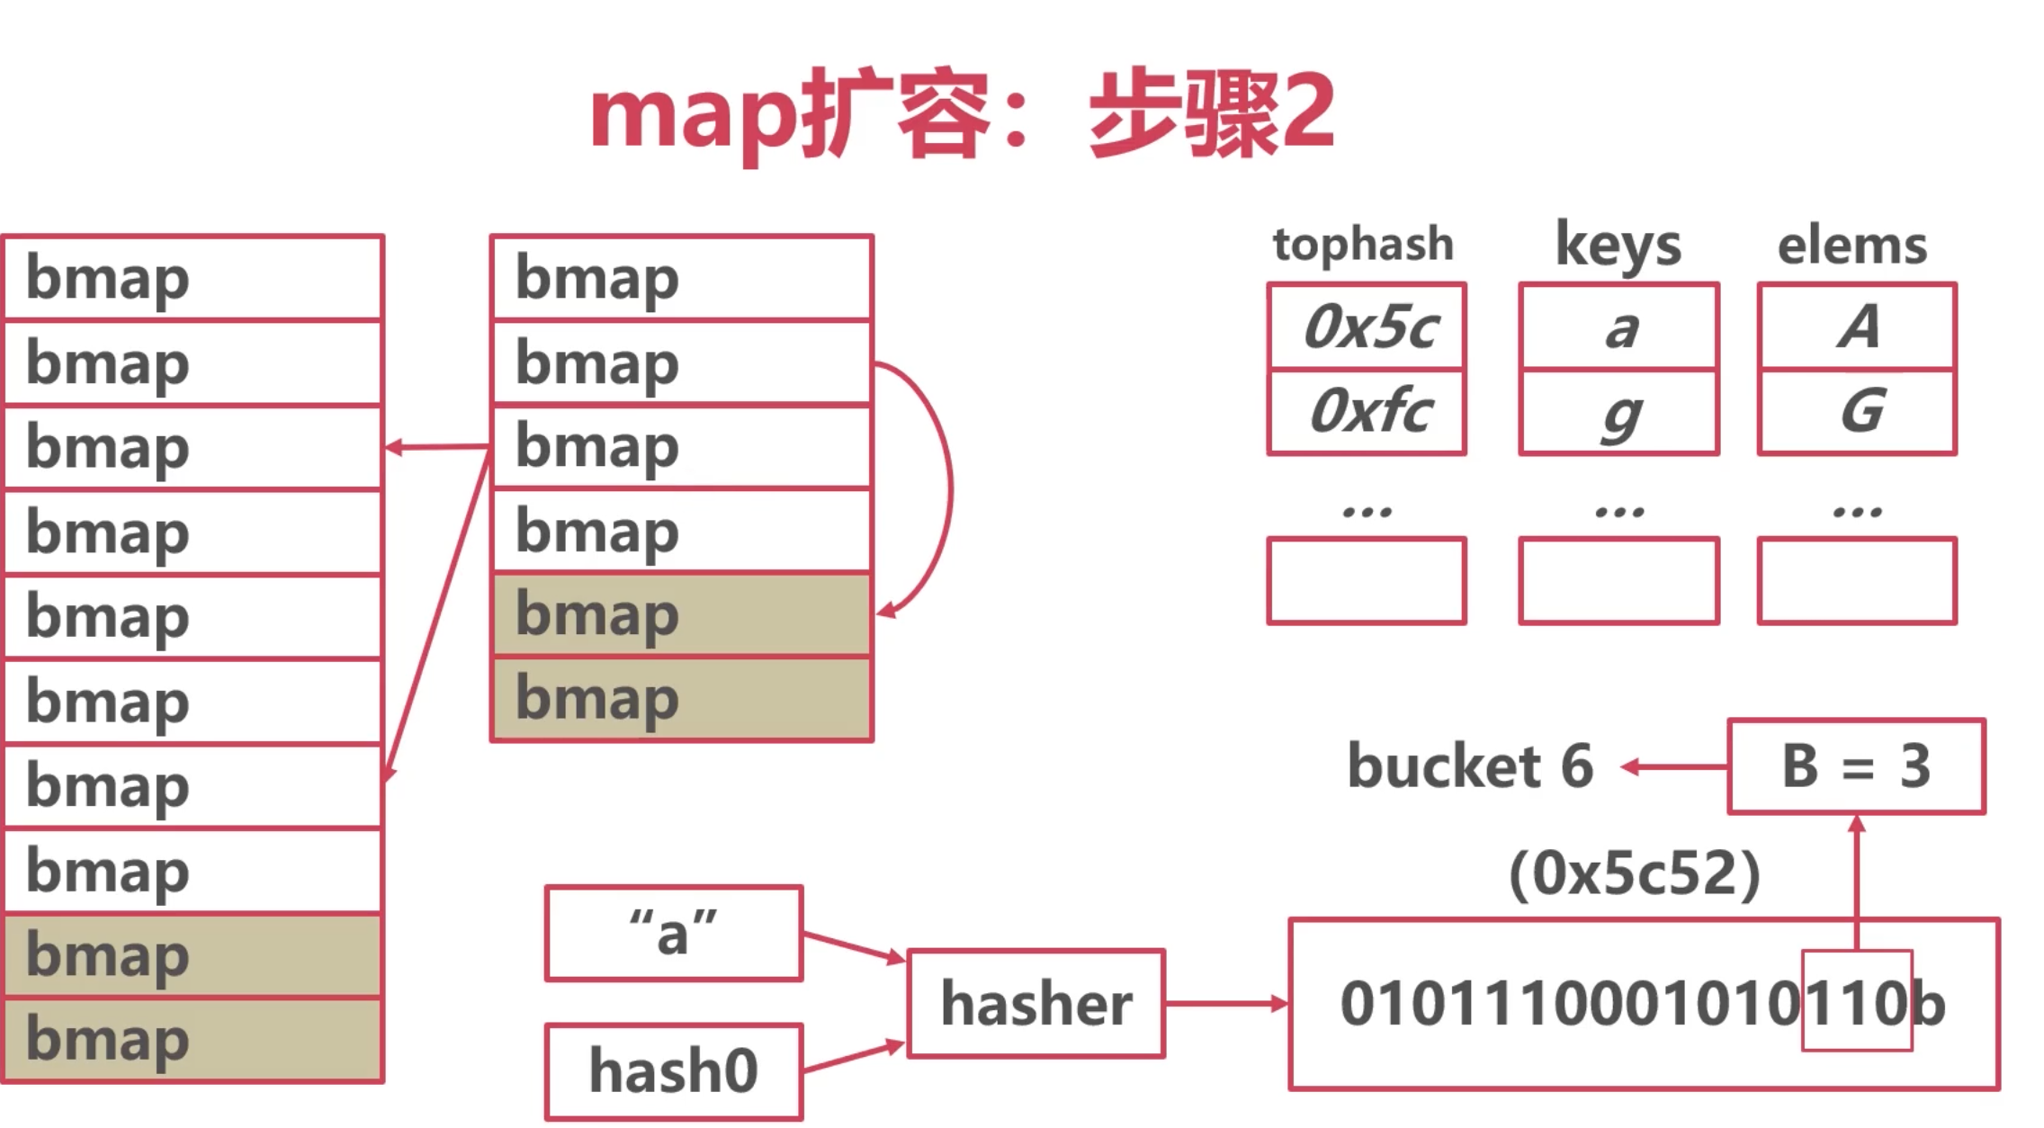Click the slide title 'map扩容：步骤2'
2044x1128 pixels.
(962, 114)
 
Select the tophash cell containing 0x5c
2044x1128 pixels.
(1367, 327)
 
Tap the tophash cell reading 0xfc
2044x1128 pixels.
(1367, 411)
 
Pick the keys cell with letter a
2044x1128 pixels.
(1618, 327)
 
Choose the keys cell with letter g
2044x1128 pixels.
(1618, 411)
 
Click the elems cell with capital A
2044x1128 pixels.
(1857, 327)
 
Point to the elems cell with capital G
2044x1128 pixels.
(1857, 411)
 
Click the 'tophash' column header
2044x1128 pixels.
(1363, 245)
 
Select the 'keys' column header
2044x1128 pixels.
(1618, 244)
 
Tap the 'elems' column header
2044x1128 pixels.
(1852, 246)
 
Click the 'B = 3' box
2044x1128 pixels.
(1857, 766)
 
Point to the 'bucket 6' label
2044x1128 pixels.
(1470, 766)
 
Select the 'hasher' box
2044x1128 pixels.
(1036, 1003)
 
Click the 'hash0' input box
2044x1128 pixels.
(674, 1071)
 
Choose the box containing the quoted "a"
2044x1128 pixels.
(674, 933)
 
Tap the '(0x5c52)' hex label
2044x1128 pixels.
(1635, 873)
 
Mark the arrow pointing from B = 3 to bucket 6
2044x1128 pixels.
(1674, 767)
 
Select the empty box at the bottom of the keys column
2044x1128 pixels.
(1618, 580)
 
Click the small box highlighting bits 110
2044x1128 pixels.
(1857, 1000)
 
